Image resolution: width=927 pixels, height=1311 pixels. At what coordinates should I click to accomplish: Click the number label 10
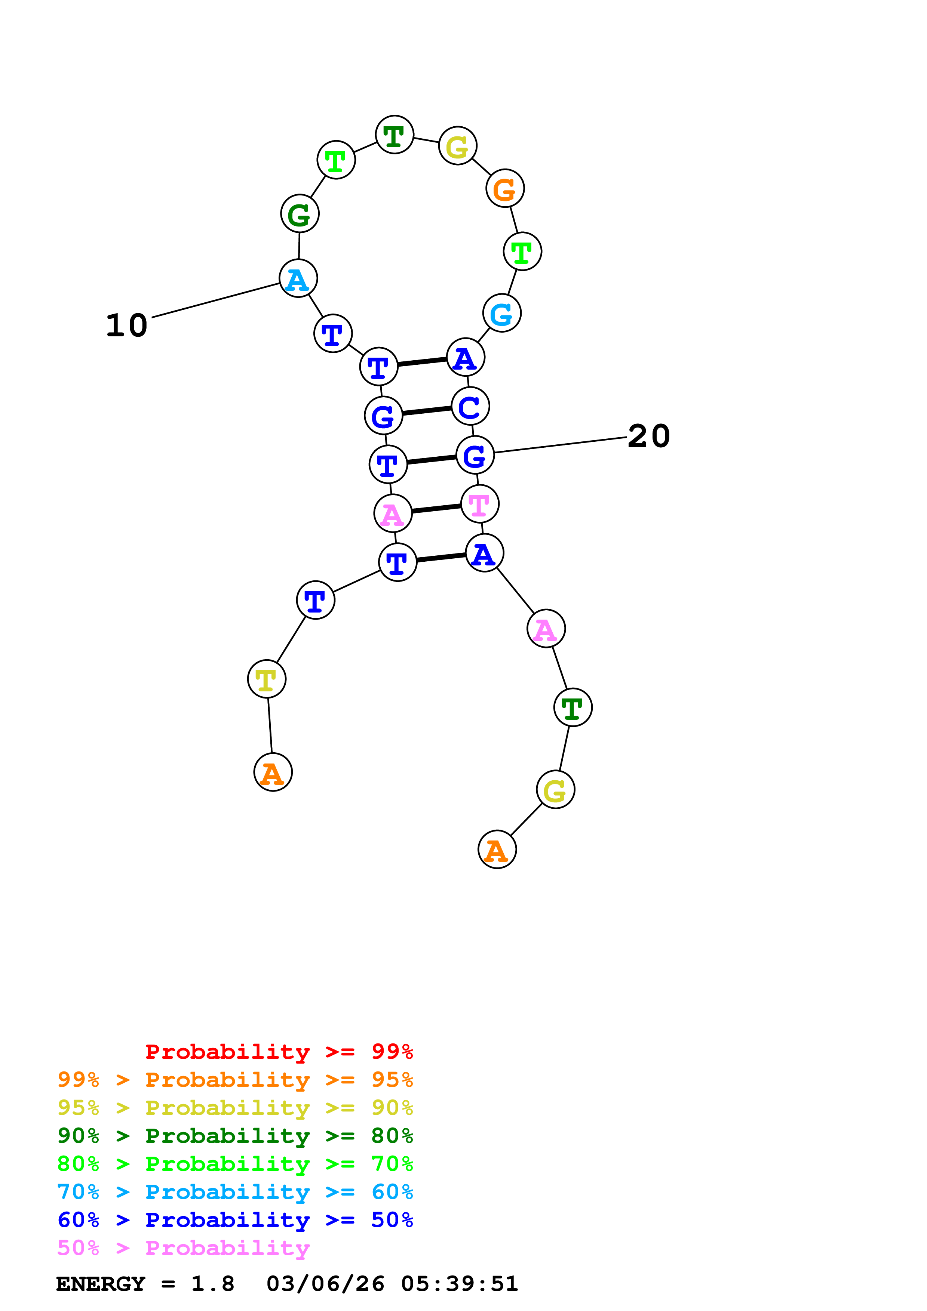(127, 326)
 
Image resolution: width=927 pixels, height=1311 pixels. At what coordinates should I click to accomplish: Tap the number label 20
(648, 437)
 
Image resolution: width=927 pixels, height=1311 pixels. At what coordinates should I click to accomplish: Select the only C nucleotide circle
(470, 407)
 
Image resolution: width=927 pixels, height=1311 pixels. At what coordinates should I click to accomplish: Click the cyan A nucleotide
(298, 279)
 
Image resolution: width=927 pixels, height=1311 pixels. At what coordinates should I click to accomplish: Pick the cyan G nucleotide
(501, 314)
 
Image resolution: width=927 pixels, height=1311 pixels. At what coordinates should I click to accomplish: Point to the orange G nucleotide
(505, 189)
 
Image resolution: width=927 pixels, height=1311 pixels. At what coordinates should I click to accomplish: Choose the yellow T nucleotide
(267, 679)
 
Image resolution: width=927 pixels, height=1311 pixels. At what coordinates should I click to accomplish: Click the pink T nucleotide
(480, 504)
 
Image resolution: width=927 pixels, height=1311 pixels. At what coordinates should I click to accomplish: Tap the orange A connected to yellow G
(497, 850)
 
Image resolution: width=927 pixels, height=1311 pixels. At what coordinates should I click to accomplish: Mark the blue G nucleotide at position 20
(475, 456)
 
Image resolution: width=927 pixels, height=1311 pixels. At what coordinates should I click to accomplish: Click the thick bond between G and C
(427, 411)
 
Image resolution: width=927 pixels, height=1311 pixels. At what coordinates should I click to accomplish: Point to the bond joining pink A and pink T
(436, 509)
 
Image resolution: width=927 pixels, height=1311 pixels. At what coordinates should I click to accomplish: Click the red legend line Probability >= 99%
(279, 1052)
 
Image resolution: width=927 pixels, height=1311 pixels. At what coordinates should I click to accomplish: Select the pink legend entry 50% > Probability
(183, 1248)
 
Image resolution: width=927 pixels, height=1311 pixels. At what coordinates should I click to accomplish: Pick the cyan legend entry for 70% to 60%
(235, 1192)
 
